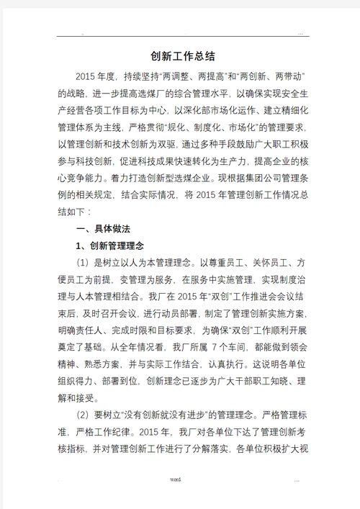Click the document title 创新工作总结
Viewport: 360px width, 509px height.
pos(183,56)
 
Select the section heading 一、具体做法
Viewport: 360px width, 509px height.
pos(103,229)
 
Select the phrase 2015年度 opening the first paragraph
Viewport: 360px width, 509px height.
pos(96,75)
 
